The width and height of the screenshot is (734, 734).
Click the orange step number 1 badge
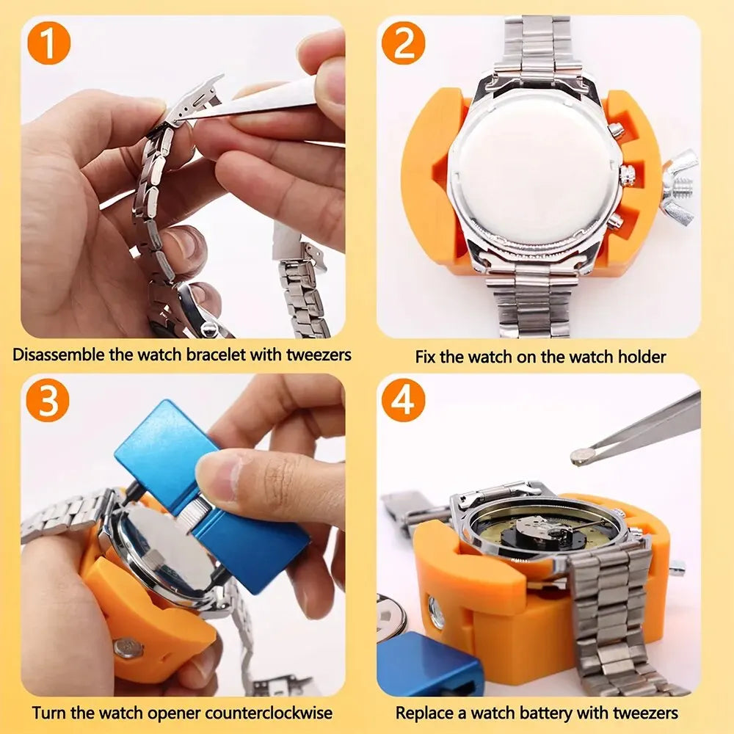tap(48, 43)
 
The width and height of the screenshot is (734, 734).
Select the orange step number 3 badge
tap(48, 401)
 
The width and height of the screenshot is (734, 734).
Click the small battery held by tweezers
tap(581, 457)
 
